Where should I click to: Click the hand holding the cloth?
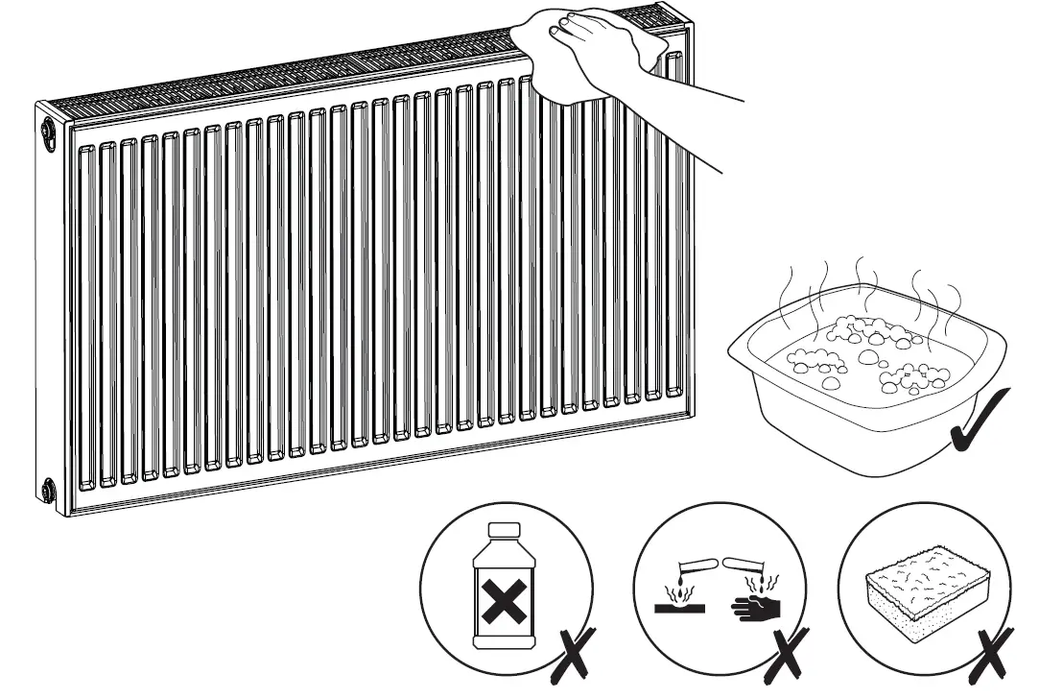click(585, 43)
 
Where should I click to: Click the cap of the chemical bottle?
click(504, 530)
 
